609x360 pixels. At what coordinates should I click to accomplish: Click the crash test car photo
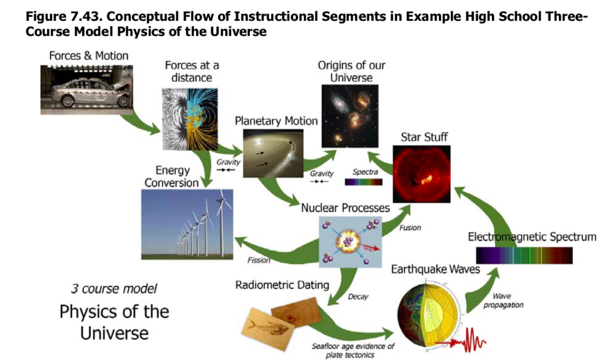86,90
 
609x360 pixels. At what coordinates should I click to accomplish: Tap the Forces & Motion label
88,56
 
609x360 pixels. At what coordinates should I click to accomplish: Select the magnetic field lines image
189,119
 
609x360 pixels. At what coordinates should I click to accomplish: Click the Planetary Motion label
276,121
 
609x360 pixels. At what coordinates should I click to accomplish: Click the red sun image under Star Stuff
422,174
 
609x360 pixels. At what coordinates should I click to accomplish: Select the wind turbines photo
186,224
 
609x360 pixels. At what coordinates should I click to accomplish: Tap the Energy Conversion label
172,176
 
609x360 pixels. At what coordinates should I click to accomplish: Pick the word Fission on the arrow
259,260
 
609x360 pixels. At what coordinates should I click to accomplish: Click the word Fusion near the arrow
410,228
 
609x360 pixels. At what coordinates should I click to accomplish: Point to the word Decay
358,297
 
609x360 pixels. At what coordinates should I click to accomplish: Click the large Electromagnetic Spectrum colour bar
524,256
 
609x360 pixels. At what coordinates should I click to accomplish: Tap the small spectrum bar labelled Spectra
363,182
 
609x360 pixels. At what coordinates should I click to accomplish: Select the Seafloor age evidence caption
353,350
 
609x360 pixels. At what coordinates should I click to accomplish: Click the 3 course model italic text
114,288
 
